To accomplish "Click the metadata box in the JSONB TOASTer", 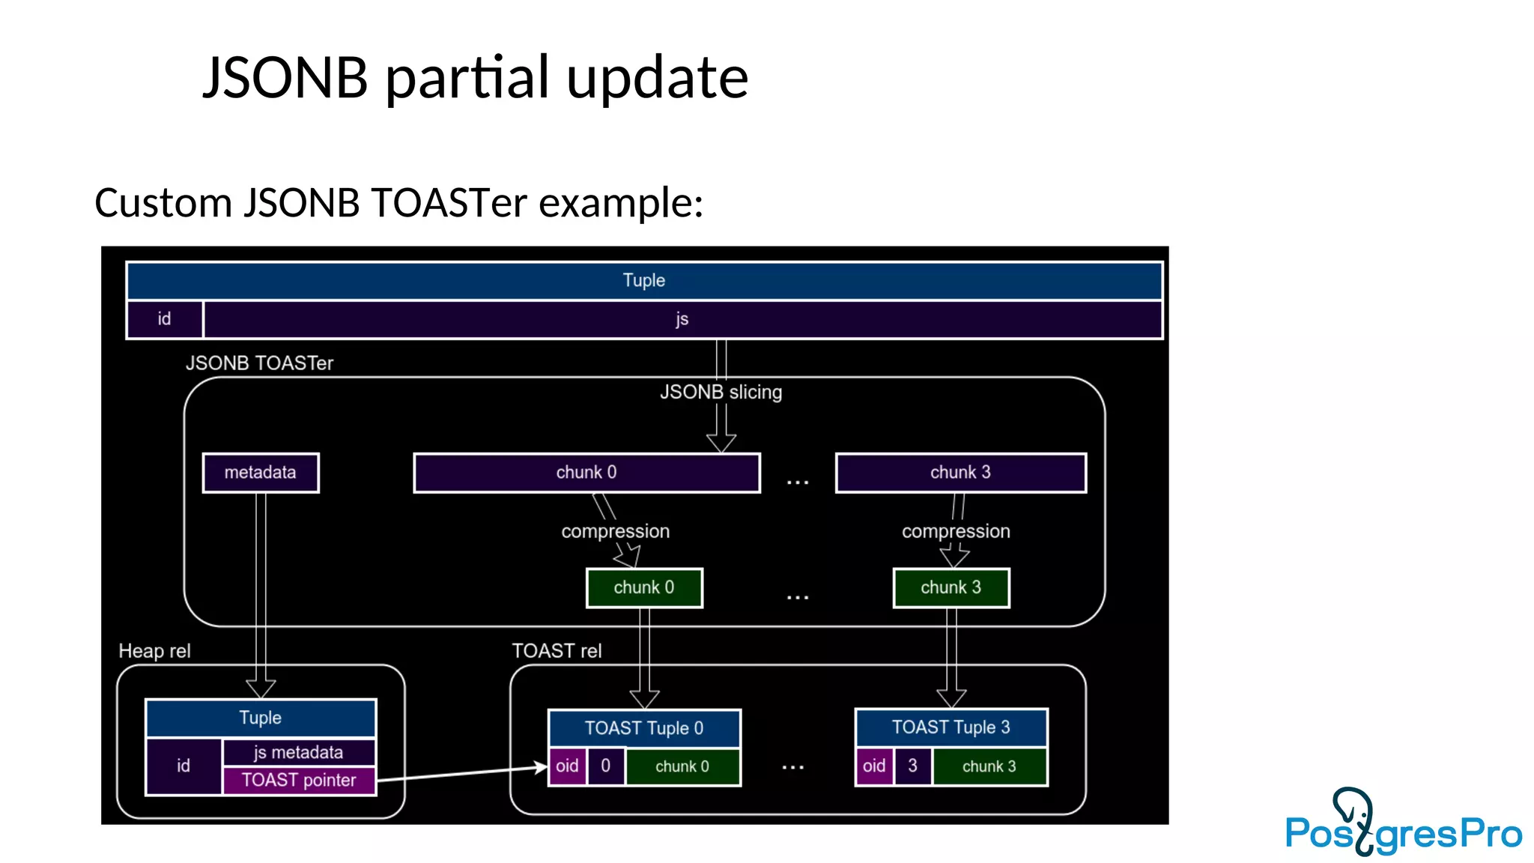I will coord(261,473).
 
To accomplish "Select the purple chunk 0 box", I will coord(586,473).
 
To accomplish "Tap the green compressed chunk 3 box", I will coord(951,588).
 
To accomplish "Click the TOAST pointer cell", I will coord(299,781).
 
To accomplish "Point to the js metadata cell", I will coord(299,752).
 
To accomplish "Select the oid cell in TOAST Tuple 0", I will coord(567,766).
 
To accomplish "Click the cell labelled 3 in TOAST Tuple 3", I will coord(912,766).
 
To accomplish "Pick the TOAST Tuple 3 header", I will coord(951,727).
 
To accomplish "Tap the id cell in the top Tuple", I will coord(164,319).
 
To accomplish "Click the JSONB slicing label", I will coord(721,392).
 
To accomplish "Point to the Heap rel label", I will coord(154,651).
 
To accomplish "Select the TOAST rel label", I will coord(557,651).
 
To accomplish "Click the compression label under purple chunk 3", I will coord(956,531).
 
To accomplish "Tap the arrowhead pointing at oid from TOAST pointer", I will coord(541,767).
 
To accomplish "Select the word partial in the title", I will coord(467,77).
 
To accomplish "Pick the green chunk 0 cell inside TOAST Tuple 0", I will coord(682,766).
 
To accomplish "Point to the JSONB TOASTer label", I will coord(259,363).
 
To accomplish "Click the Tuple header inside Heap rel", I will coord(260,718).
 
